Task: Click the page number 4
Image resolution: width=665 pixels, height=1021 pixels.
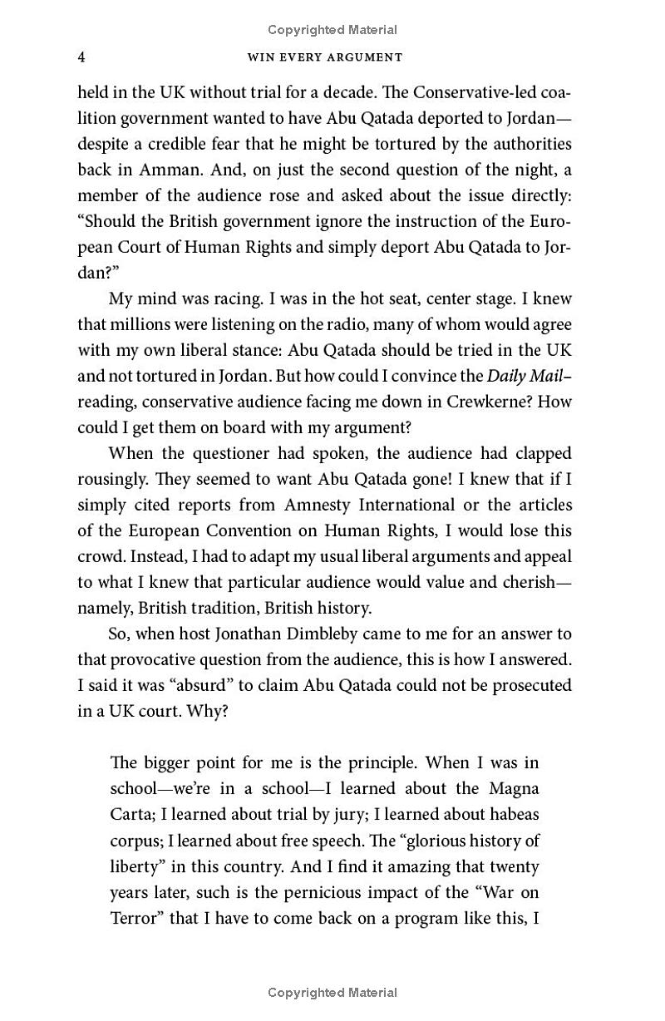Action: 81,57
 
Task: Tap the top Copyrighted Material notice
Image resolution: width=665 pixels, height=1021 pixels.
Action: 332,30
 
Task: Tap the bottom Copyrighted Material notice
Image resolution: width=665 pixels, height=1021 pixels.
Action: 332,992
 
